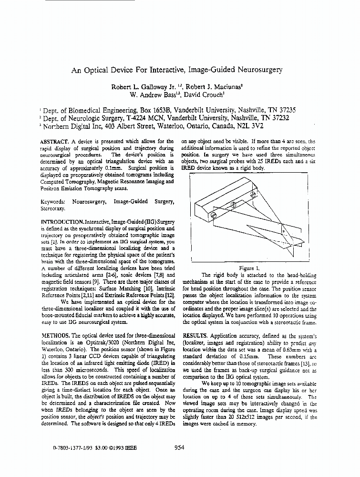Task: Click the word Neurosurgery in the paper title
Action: [258, 70]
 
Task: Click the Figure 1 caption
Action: [249, 268]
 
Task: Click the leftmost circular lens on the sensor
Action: [214, 216]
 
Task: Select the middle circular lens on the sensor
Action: [234, 206]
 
